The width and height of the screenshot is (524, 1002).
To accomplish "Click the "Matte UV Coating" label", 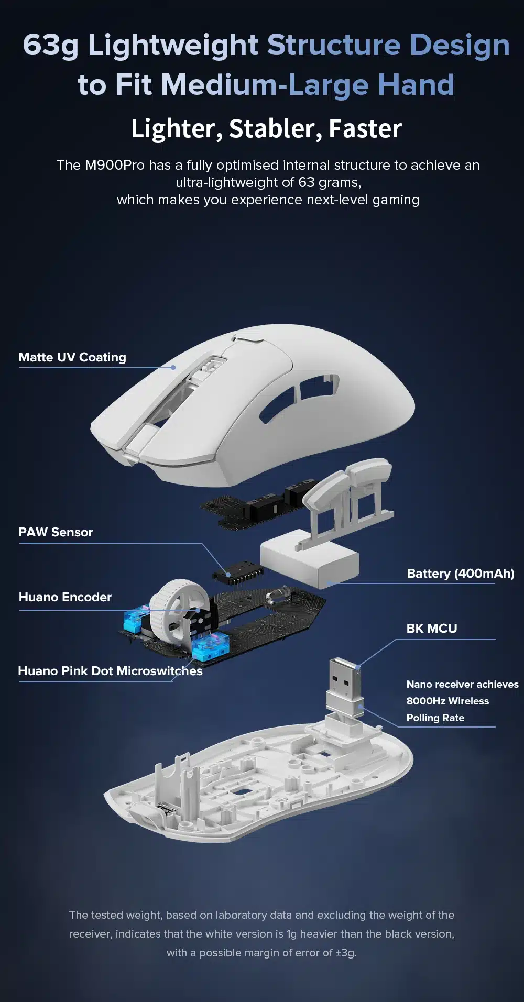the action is click(72, 357).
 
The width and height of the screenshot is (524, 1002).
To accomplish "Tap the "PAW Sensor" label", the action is click(56, 532).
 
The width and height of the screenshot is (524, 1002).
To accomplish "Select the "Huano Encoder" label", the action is click(65, 597).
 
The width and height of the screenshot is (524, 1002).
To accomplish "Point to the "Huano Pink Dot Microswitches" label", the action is click(110, 671).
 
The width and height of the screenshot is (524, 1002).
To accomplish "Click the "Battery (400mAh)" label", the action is click(461, 574).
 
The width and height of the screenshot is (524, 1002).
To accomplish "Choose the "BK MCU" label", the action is click(432, 629).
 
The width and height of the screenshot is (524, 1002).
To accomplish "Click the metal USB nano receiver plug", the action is click(345, 679).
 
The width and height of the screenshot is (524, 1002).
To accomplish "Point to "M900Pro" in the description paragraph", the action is click(114, 166).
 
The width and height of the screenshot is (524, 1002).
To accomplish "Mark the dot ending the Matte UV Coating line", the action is click(173, 367).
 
